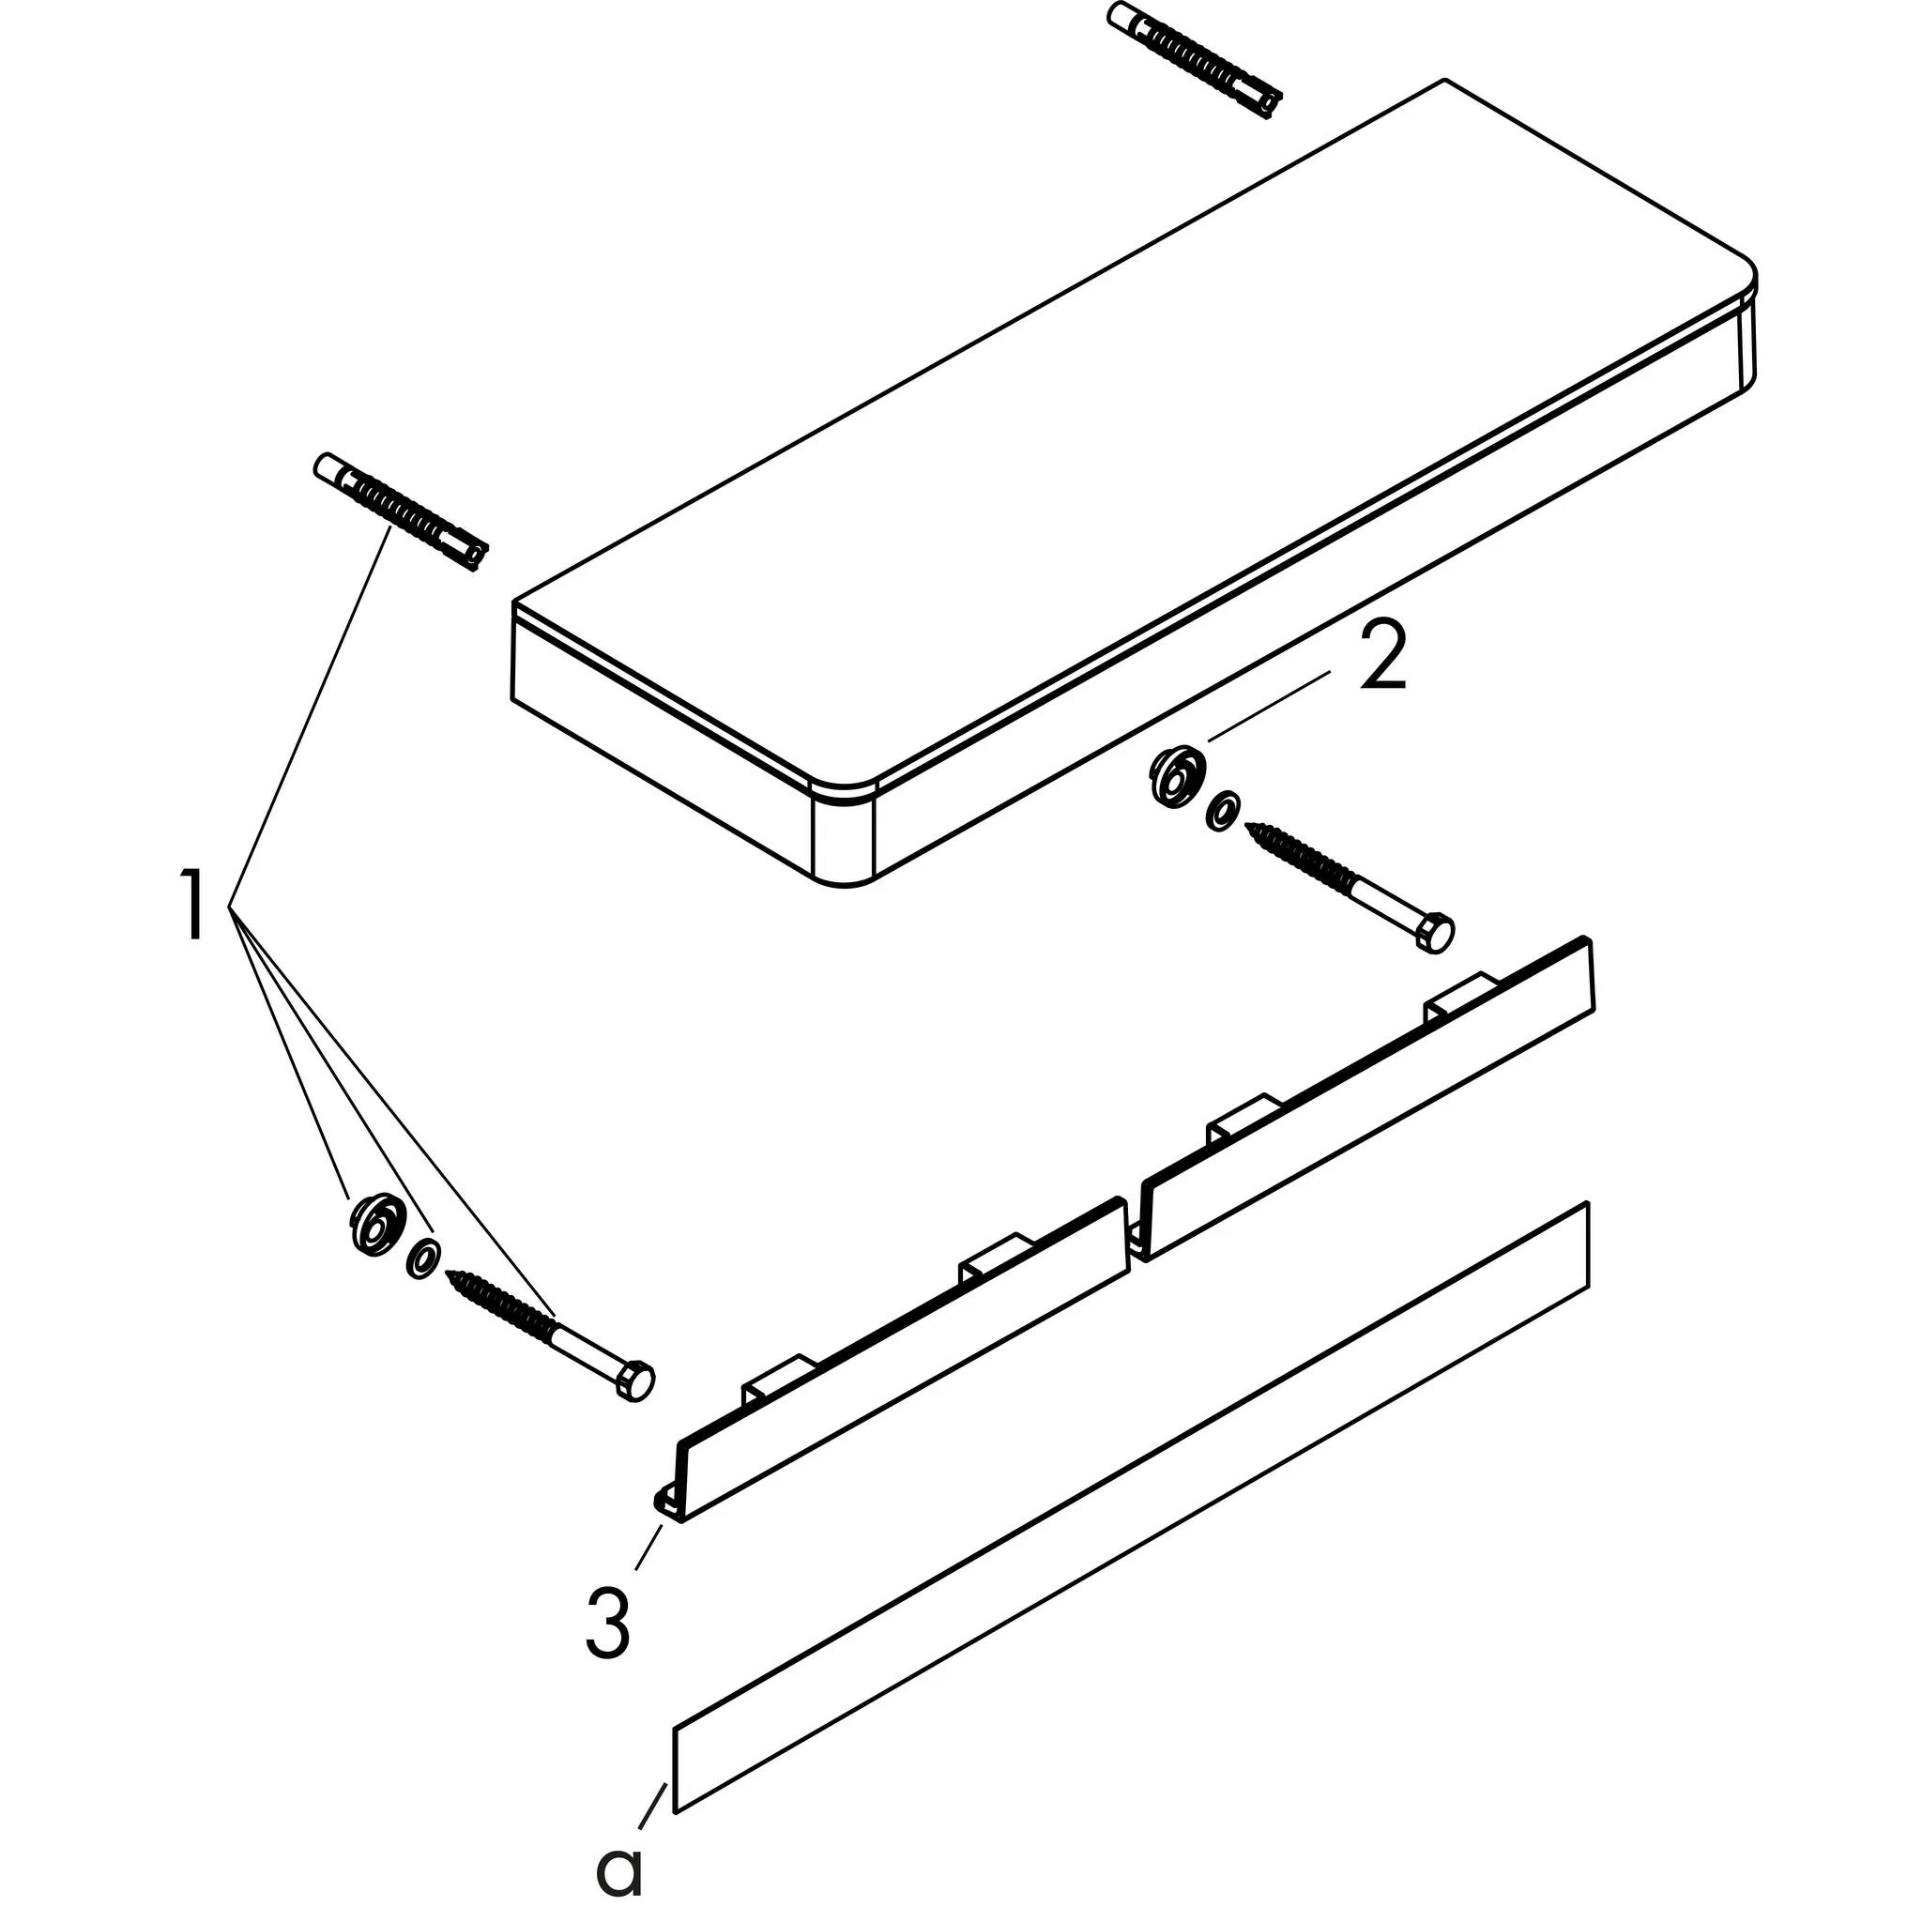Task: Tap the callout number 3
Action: pos(608,1623)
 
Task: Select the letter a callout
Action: pos(619,1870)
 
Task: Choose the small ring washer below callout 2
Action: pos(1222,811)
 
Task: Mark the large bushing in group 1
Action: pos(377,1225)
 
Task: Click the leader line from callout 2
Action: pos(1270,706)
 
